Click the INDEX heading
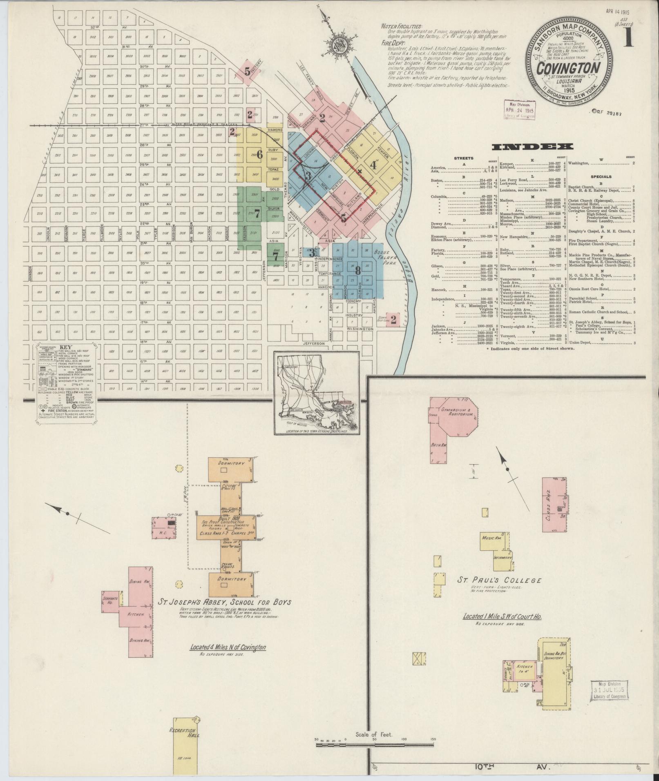[532, 147]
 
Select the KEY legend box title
[66, 347]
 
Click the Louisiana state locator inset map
[317, 394]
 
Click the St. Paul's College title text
[500, 581]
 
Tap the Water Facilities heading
[401, 26]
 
